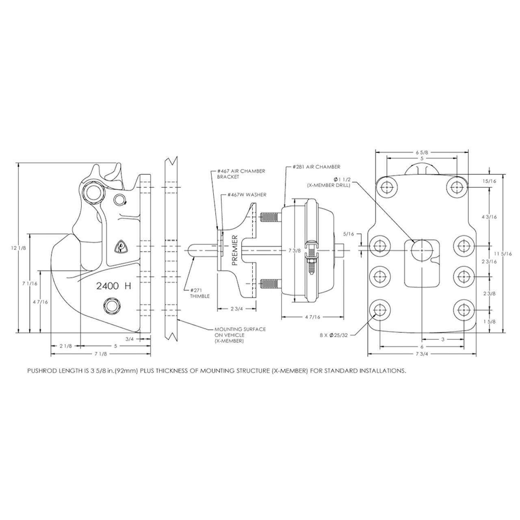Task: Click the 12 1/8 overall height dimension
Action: coord(19,248)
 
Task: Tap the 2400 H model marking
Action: coord(114,286)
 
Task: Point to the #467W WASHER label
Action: coord(247,195)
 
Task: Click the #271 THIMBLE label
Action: coord(200,293)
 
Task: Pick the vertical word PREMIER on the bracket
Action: coord(235,250)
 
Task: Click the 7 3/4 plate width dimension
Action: coord(422,354)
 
